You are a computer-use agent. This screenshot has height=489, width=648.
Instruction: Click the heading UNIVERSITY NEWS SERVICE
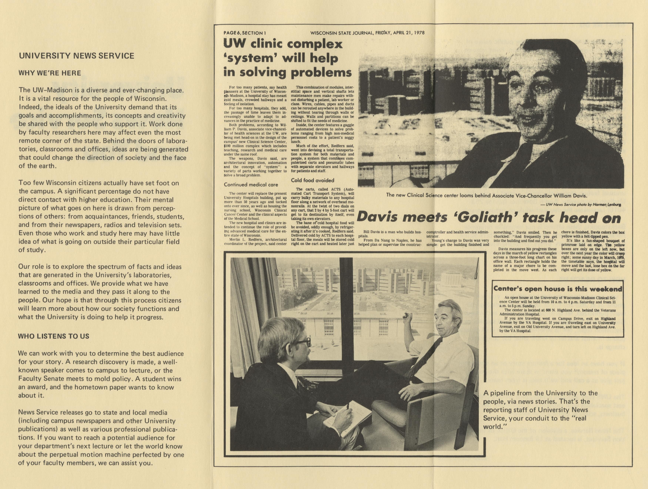(x=76, y=56)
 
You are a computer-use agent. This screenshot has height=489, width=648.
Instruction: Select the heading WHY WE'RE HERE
(x=50, y=73)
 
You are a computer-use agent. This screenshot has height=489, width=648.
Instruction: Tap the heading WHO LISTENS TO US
(x=54, y=336)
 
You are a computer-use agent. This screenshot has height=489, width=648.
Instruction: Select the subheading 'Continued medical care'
(x=251, y=185)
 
